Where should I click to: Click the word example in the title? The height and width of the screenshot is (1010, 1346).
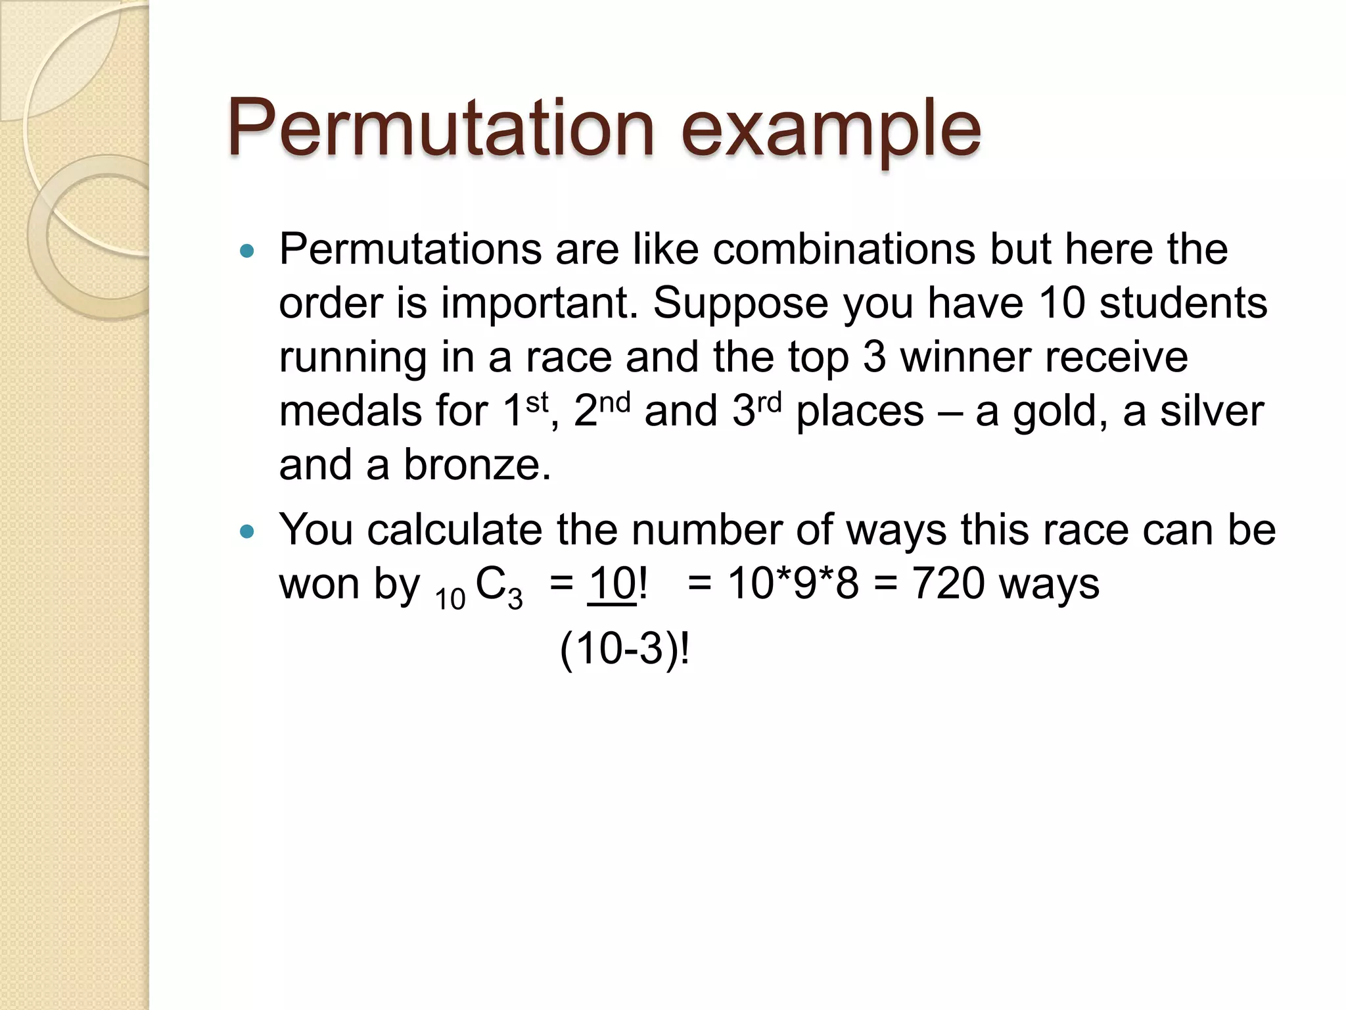(831, 130)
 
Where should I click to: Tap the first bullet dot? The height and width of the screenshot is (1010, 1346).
(247, 251)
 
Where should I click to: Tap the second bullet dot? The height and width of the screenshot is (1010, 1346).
(247, 531)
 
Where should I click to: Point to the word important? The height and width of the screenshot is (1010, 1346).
(539, 304)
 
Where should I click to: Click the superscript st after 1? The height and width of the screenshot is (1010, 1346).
(537, 402)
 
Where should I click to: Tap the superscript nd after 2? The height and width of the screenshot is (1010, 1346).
(615, 402)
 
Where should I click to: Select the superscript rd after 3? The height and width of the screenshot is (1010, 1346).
(769, 402)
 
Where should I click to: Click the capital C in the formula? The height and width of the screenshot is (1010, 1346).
(490, 583)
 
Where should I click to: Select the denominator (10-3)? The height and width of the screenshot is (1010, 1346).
(624, 650)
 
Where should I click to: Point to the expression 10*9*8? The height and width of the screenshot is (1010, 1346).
(793, 583)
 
